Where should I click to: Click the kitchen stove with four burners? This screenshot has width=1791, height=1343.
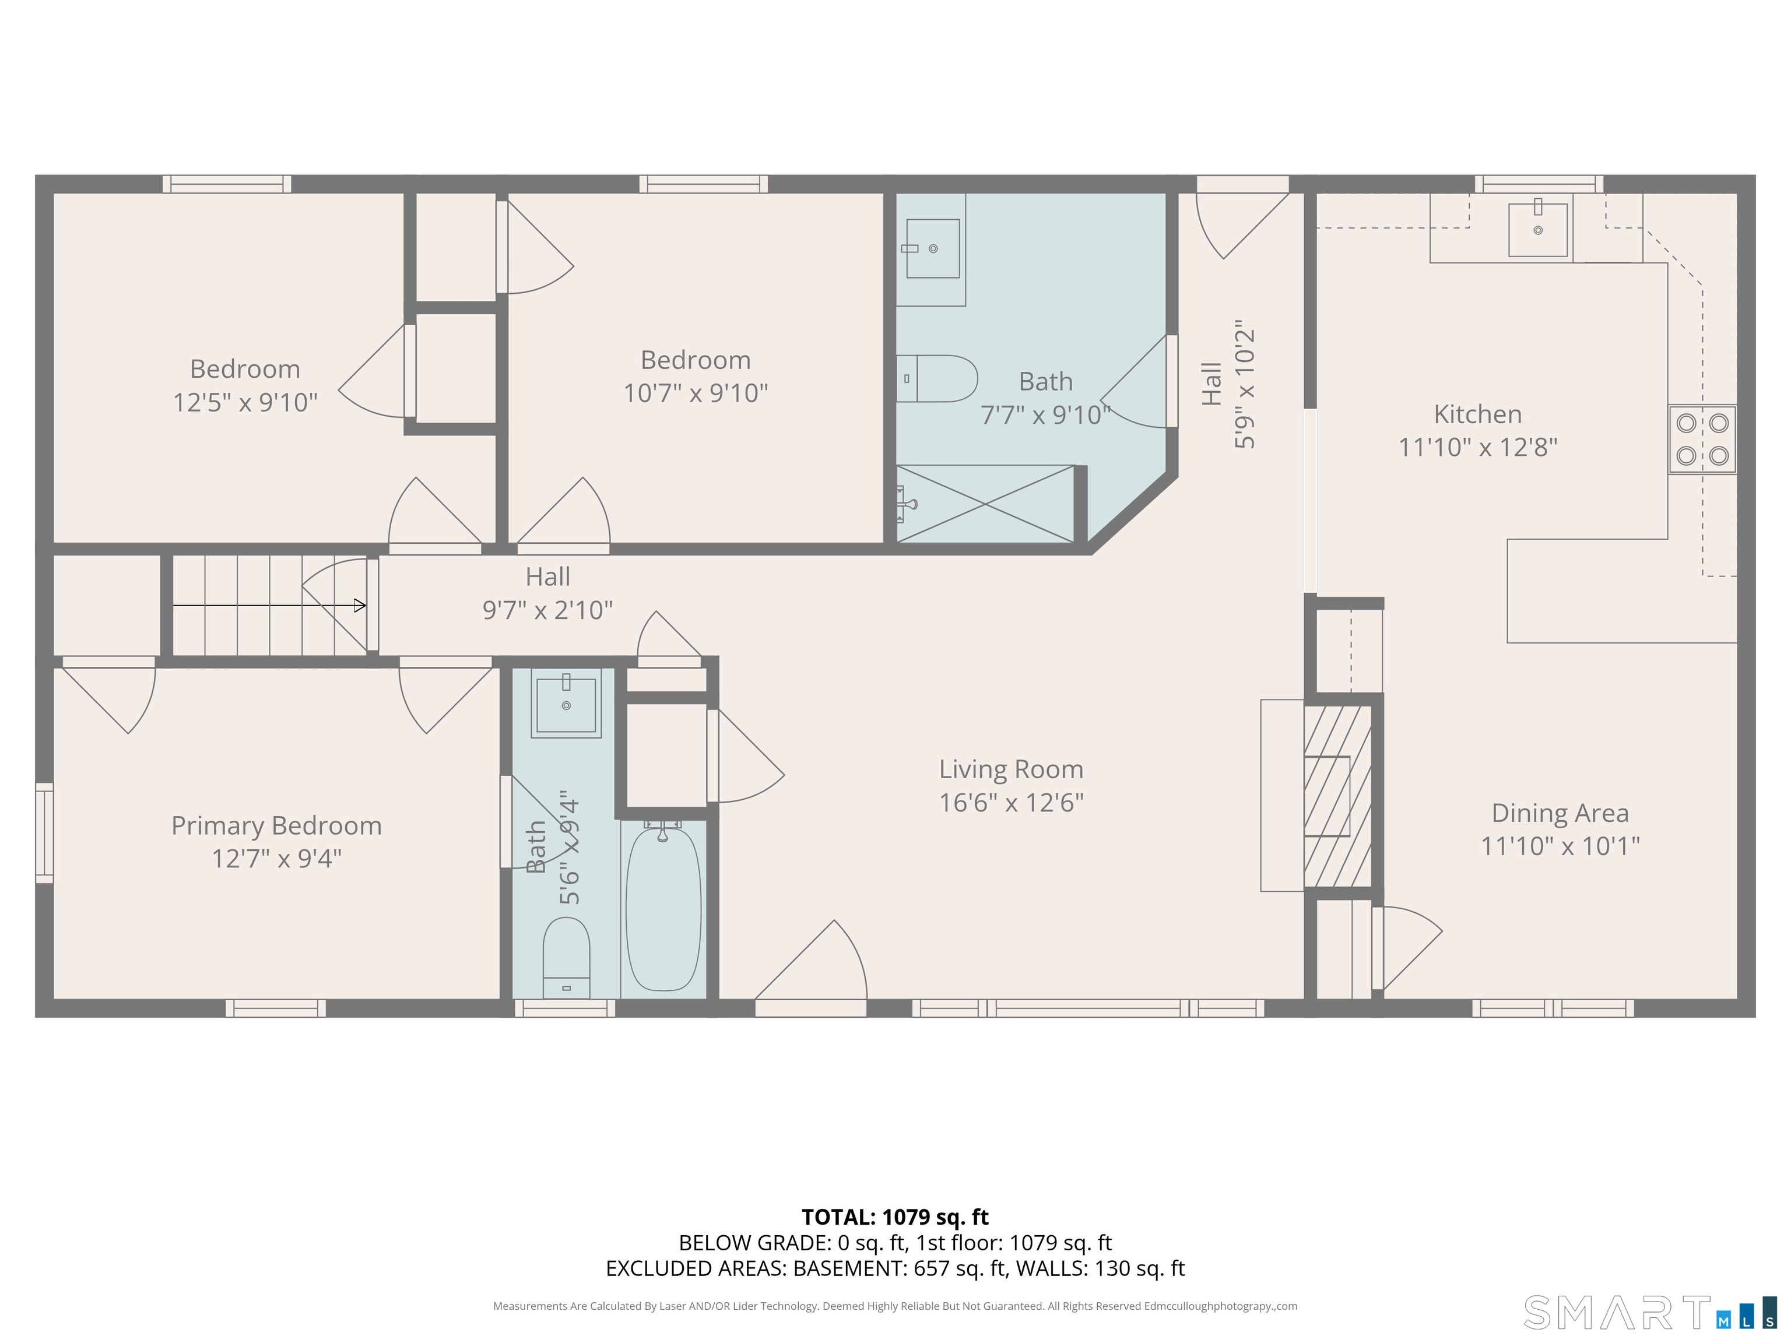click(1702, 439)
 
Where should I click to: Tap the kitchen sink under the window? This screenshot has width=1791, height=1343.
click(1537, 229)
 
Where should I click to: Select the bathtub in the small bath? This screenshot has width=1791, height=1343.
click(663, 908)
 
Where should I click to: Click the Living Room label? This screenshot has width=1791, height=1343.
click(1010, 769)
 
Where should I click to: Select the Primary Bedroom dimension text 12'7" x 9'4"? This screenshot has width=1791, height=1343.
click(276, 858)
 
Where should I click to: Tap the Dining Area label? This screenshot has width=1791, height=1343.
click(1560, 813)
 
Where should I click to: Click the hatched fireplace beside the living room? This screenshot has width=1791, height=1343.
click(1337, 796)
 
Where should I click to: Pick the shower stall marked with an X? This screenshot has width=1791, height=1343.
click(985, 504)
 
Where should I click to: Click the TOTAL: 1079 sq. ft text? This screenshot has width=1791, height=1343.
click(895, 1217)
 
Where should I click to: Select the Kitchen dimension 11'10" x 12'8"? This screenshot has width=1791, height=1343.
click(1478, 447)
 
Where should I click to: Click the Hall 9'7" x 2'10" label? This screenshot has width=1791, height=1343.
click(547, 593)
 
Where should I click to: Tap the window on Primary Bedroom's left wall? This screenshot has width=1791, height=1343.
click(44, 832)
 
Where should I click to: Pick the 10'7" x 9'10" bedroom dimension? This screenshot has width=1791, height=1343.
click(695, 393)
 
